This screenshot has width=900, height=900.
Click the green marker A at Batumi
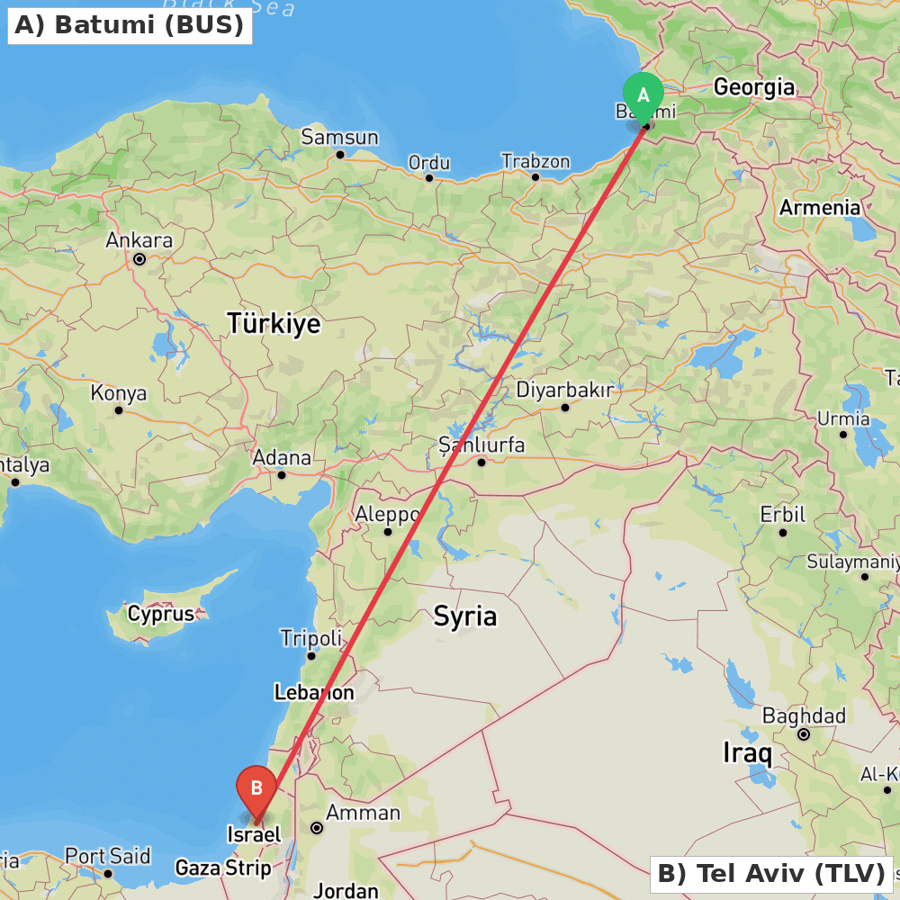643,95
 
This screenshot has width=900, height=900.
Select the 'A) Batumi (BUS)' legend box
130,25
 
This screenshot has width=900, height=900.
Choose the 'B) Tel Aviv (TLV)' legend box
771,873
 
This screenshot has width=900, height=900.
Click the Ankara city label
139,240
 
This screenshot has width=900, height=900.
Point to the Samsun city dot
340,155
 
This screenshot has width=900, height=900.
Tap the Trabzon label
535,161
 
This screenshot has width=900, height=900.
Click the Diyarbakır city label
564,390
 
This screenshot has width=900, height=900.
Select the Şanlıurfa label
481,444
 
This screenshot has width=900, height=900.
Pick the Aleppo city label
388,514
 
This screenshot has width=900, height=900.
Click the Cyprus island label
161,614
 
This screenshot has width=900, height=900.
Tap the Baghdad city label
804,715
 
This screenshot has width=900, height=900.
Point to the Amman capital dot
317,827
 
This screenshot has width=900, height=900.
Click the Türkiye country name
274,322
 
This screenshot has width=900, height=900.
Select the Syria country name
465,616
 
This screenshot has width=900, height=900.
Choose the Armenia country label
819,207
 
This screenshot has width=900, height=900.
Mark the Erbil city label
782,515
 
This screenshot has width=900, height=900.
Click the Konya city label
118,393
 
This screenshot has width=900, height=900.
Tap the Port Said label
107,856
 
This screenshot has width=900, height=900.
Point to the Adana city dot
282,475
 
